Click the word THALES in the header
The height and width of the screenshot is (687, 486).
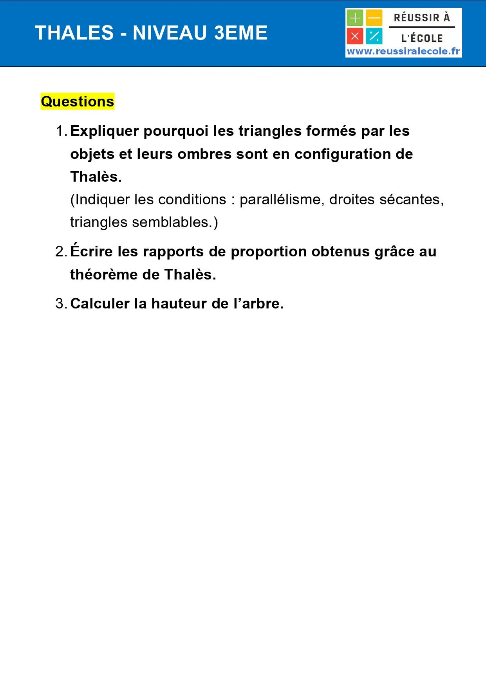pos(74,33)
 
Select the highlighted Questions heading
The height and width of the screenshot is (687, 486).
pos(78,101)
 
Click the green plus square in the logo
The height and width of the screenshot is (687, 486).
pos(355,18)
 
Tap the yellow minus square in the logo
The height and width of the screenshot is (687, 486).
pos(374,18)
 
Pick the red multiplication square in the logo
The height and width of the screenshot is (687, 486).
pos(355,36)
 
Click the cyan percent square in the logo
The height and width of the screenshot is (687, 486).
pos(374,36)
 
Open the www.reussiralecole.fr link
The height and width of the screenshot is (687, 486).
pos(403,51)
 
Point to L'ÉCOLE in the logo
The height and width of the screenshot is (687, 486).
pos(422,38)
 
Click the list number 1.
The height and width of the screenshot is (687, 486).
pos(60,131)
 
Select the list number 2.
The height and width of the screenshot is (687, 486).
pos(60,252)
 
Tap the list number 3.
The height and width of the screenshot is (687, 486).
pos(60,304)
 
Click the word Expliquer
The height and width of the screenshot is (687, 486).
pos(104,131)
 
